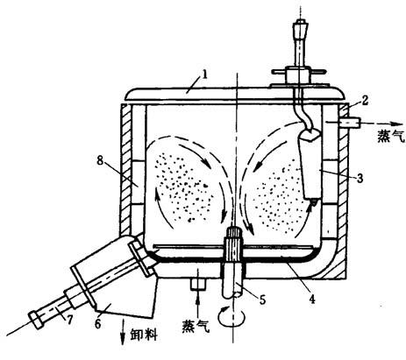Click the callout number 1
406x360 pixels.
[x=204, y=74]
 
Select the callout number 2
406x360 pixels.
[x=365, y=101]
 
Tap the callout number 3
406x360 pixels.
[x=360, y=177]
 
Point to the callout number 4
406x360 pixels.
[x=312, y=299]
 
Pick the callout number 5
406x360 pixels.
[x=263, y=299]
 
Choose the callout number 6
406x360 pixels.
[x=98, y=323]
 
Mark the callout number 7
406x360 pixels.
[x=69, y=320]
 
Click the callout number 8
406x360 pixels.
[x=100, y=160]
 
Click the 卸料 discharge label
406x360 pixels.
[x=144, y=334]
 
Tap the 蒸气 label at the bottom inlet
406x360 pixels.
[x=196, y=326]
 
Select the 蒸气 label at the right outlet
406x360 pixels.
[x=391, y=136]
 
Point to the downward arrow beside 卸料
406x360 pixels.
[x=123, y=332]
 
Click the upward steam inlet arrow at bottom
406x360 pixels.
[x=198, y=303]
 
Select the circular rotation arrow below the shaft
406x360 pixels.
[x=232, y=317]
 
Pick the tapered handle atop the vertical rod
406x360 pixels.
[x=300, y=29]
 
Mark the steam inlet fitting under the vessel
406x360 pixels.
[x=198, y=284]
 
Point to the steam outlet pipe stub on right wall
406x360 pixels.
[x=349, y=123]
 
